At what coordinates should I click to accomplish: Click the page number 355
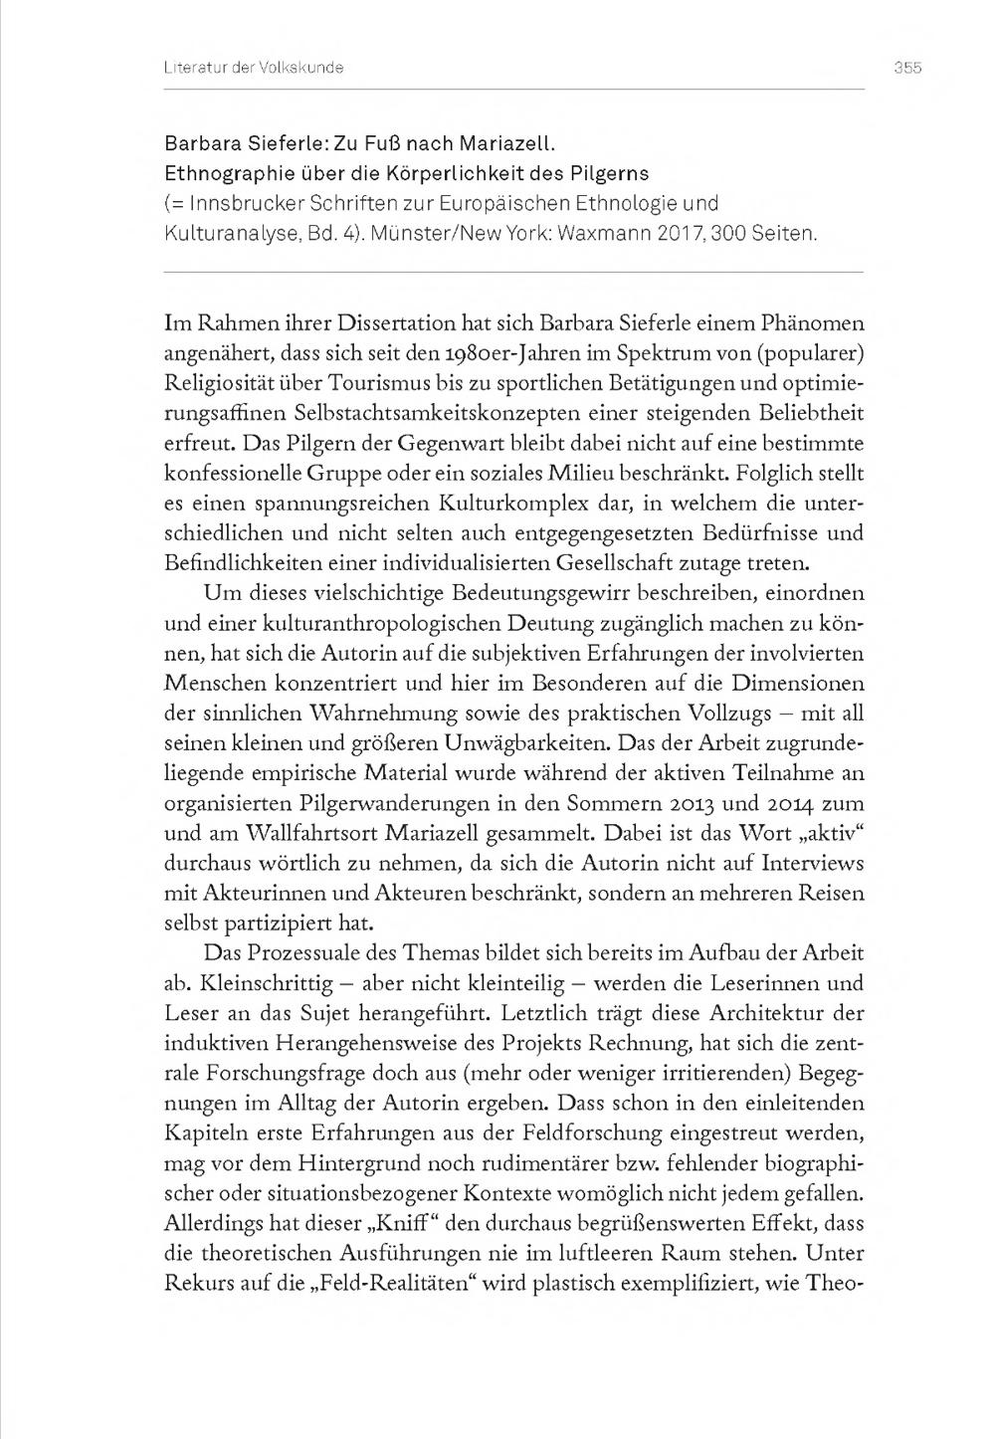[x=907, y=68]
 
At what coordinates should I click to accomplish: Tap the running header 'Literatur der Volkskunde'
[x=254, y=68]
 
